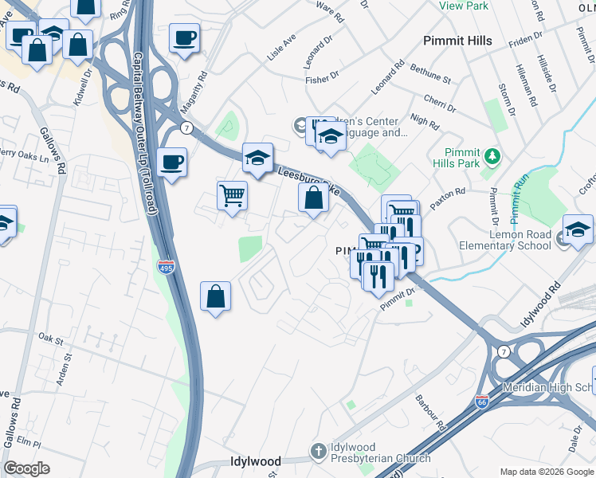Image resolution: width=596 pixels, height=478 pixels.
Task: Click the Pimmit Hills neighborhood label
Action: click(x=457, y=41)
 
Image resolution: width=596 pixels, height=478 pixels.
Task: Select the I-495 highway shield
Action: click(x=166, y=266)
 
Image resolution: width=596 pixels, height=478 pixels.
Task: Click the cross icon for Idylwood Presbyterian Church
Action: click(x=320, y=451)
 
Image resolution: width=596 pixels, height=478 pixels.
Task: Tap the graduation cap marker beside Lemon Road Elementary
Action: click(x=578, y=231)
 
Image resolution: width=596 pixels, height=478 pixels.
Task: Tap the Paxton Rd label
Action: click(x=449, y=194)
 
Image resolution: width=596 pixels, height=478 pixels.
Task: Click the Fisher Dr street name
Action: click(x=323, y=80)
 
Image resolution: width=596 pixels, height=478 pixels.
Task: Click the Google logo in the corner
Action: click(x=27, y=468)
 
